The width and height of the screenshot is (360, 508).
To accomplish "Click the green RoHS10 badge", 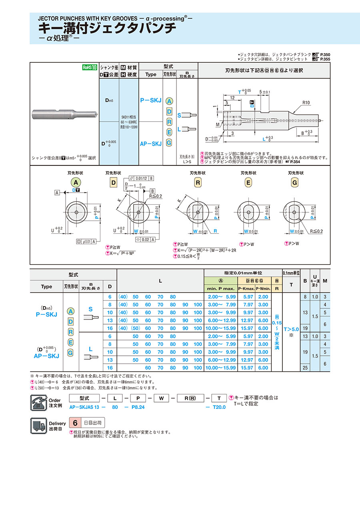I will coord(90,68).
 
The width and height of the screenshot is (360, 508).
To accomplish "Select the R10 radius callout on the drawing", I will coord(306,103).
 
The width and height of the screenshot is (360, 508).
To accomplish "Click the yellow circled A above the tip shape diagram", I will coord(76,182).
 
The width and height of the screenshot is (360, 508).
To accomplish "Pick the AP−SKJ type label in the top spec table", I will coord(150,143).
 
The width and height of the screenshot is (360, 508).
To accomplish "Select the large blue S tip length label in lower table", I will coord(90,309).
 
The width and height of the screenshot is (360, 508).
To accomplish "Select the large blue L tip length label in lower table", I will coord(90,349).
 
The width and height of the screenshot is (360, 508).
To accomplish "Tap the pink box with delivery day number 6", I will coord(75,422).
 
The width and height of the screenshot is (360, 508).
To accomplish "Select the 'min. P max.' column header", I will coord(221,288).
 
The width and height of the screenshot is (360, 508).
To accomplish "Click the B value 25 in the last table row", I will coord(305,368).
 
